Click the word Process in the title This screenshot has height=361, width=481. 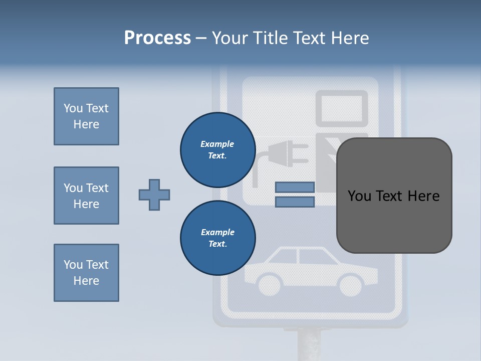coord(157,38)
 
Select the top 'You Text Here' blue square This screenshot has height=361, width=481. coord(86,116)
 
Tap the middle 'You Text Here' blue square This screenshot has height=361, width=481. coord(86,196)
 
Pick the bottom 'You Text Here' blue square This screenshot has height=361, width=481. coord(86,273)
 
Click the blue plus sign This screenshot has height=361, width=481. coord(154,195)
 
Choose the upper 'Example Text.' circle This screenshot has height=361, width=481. coord(217,149)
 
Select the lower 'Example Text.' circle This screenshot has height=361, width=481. coord(217,238)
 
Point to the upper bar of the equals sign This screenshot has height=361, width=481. coord(295,187)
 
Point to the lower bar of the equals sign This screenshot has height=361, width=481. coord(295,202)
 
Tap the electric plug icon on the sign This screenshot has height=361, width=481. coord(284,153)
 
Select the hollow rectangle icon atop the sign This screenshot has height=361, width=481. coord(341,108)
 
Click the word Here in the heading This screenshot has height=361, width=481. coord(349,38)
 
